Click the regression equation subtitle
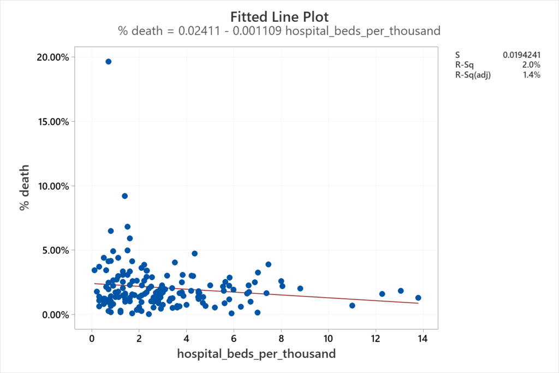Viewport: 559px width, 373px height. tap(279, 31)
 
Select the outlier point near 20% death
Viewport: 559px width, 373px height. tap(108, 62)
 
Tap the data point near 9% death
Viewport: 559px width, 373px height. tap(124, 196)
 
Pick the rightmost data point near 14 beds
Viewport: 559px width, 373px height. tap(418, 298)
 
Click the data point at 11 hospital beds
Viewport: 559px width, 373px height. tap(352, 306)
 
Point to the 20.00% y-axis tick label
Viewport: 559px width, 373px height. tap(53, 57)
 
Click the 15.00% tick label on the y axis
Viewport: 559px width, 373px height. tap(53, 121)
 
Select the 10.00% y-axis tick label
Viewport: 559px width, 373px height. tap(53, 186)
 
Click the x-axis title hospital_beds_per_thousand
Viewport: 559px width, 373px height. tap(256, 354)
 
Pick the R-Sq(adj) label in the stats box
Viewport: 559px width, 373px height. tap(473, 75)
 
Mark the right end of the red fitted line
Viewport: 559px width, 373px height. tap(418, 303)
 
